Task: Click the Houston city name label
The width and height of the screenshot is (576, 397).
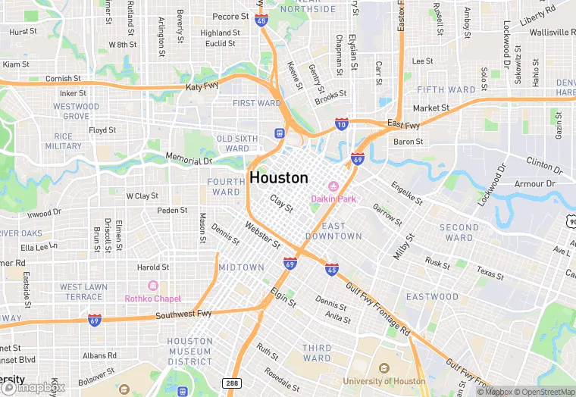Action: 278,178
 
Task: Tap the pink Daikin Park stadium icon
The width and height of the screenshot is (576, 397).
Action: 332,186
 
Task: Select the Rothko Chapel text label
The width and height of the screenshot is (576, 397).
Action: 152,298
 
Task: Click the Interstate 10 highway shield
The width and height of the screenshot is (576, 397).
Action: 341,124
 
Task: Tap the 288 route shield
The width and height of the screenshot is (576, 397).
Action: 230,383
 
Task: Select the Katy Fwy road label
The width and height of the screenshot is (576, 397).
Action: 202,88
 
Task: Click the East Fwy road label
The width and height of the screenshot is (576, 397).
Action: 402,123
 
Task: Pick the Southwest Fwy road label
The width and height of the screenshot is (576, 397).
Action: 183,314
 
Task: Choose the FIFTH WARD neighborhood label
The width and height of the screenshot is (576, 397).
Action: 446,89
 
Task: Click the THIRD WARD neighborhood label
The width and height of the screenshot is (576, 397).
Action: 317,353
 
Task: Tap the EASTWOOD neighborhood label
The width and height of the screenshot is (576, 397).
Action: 432,296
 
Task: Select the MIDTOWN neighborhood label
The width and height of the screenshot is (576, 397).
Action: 241,267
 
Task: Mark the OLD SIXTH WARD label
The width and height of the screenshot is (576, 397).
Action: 237,143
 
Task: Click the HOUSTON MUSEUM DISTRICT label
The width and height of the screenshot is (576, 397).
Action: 189,352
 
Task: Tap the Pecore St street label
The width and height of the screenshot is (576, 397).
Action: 230,17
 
